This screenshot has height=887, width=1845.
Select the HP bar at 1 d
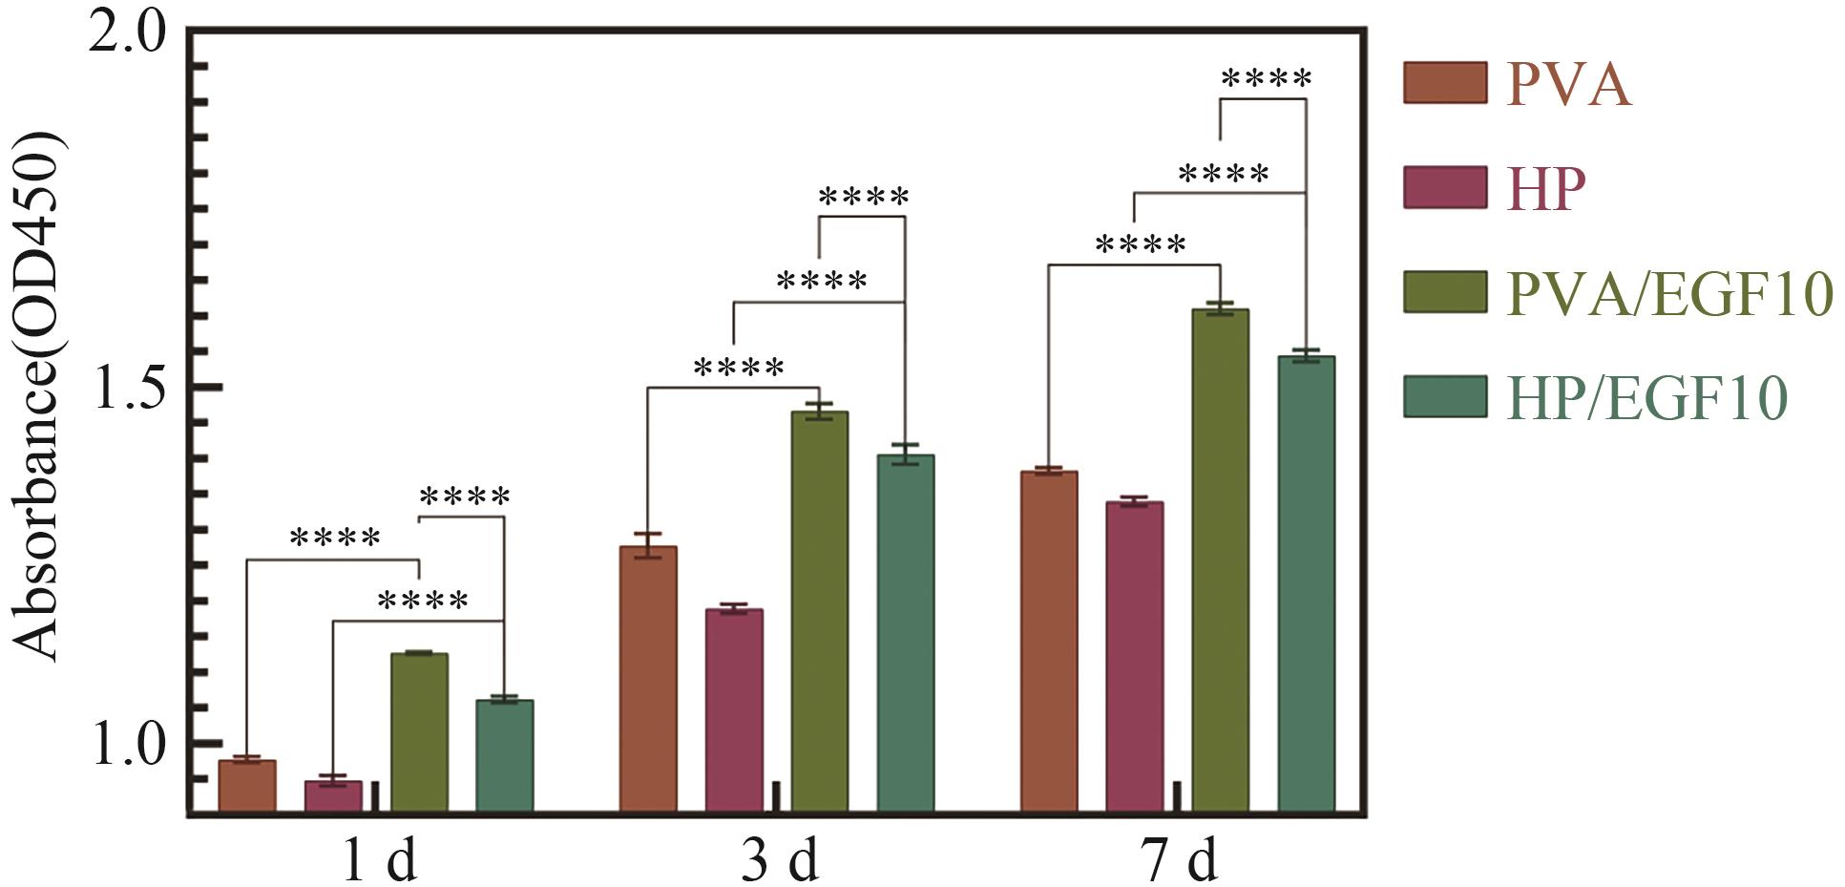[333, 796]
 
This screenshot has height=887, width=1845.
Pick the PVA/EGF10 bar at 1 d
[419, 732]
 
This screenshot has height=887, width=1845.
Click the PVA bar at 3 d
[648, 679]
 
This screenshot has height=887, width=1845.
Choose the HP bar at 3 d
[734, 710]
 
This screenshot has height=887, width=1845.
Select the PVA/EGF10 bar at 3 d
[820, 611]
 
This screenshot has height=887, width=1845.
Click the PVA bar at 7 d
[1049, 642]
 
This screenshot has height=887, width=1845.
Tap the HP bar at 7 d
[1135, 657]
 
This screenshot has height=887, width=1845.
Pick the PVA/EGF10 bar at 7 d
[1221, 560]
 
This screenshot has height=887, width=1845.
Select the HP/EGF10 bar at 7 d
[1306, 583]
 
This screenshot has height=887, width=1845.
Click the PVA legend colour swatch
[1445, 83]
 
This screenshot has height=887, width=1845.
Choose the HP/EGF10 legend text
[1646, 398]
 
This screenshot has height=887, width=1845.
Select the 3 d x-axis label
[780, 862]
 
